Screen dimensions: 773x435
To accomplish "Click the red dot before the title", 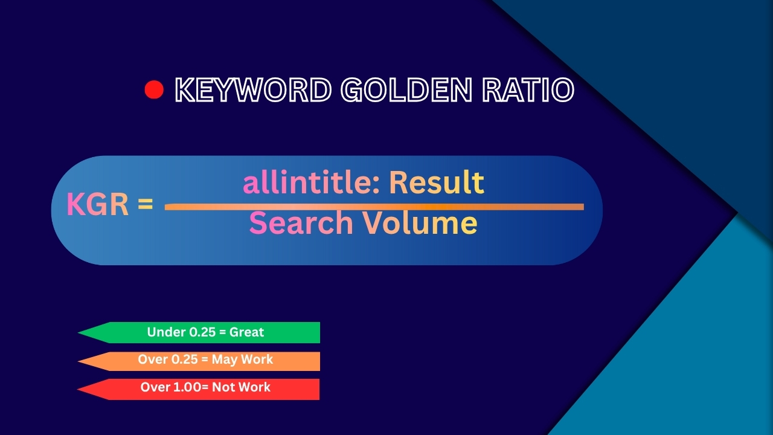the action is (154, 90).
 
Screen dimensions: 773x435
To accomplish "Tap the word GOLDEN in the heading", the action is (406, 90).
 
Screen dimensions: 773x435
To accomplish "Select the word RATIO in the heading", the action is (528, 90).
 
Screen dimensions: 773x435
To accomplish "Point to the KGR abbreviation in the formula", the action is (97, 204).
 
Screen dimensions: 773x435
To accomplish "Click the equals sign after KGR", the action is (146, 204).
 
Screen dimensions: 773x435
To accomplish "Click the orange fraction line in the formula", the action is (374, 207).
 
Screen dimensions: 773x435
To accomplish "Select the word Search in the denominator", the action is (301, 223).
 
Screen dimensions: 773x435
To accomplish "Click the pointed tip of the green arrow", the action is (79, 333).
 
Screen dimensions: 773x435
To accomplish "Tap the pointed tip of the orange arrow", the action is (79, 361).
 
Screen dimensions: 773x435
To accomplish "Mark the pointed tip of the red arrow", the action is (78, 390).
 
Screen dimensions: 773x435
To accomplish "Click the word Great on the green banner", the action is (246, 332).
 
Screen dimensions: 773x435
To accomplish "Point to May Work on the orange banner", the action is (242, 359).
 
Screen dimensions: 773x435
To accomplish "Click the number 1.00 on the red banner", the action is (187, 387).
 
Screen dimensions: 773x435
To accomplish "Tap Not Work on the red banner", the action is (241, 387).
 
